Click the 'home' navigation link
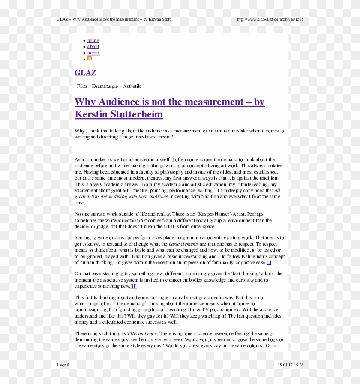pyautogui.click(x=93, y=40)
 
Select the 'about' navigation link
pyautogui.click(x=93, y=46)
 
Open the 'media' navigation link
pyautogui.click(x=93, y=53)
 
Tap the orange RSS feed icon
pyautogui.click(x=90, y=58)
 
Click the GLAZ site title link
pyautogui.click(x=85, y=72)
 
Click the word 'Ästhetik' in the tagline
pyautogui.click(x=132, y=86)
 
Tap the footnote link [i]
pyautogui.click(x=269, y=262)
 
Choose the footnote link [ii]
pyautogui.click(x=133, y=286)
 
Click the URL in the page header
pyautogui.click(x=270, y=19)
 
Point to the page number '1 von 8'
pyautogui.click(x=63, y=365)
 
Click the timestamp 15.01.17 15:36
pyautogui.click(x=291, y=365)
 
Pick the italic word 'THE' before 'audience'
pyautogui.click(x=132, y=333)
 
